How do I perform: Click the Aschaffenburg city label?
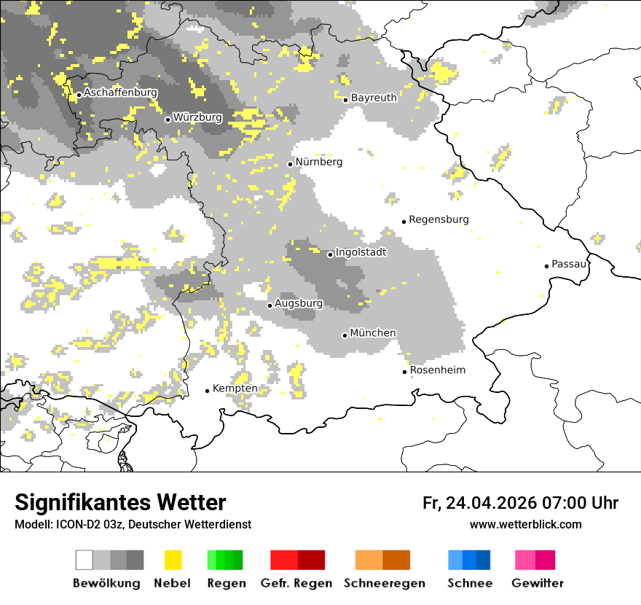(x=120, y=93)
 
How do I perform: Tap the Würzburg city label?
(x=197, y=117)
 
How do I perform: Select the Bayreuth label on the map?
(x=374, y=98)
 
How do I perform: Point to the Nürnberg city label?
(x=318, y=162)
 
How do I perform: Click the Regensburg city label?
(x=439, y=219)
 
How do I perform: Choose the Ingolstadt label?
(x=361, y=252)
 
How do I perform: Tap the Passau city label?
(x=569, y=264)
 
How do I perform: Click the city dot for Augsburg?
(x=270, y=305)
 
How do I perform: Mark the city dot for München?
(x=345, y=335)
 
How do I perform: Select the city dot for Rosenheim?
(x=404, y=372)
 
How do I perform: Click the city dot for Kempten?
(x=207, y=391)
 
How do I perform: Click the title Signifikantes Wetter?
(x=120, y=503)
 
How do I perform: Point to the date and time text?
(x=520, y=503)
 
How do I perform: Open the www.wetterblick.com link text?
(x=525, y=525)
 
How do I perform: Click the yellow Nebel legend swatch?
(x=173, y=560)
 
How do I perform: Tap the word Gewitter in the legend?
(x=538, y=583)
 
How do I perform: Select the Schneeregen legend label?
(x=385, y=583)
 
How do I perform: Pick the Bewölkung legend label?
(x=106, y=583)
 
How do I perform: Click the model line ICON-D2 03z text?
(x=133, y=525)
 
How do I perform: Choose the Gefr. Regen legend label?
(x=296, y=583)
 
